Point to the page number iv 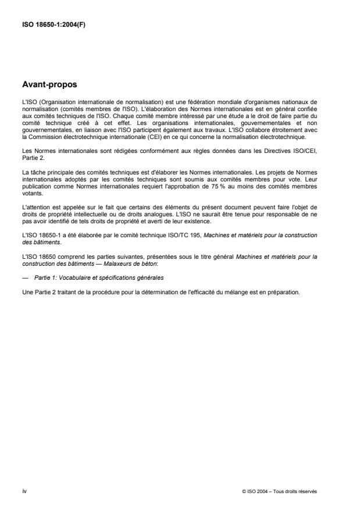(x=24, y=491)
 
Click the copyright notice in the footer (x=280, y=491)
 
